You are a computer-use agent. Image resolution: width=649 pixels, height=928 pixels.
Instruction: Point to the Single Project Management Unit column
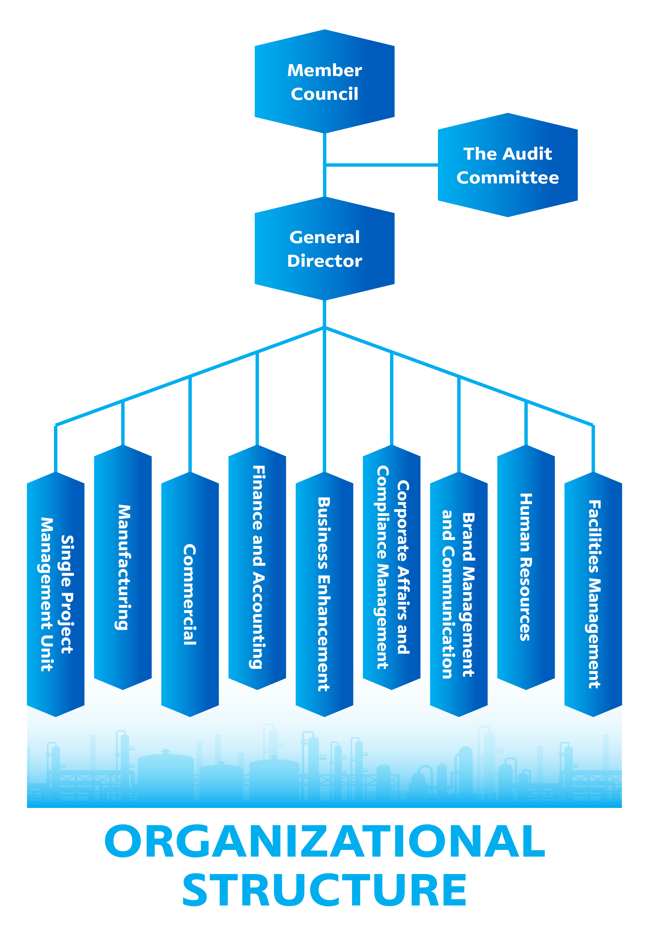[56, 594]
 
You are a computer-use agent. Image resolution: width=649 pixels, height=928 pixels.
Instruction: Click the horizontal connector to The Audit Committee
[382, 165]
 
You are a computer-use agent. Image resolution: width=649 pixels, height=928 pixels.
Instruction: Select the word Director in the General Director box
[324, 261]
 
